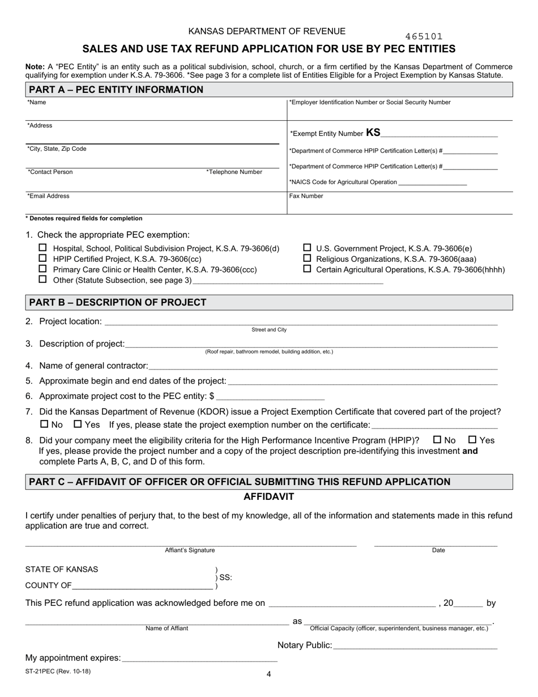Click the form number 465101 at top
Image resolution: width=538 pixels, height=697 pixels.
click(424, 36)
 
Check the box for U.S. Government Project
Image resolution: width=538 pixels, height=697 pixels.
click(308, 248)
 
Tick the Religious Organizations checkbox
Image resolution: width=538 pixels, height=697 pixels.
click(308, 258)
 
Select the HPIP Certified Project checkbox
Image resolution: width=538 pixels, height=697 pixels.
click(42, 258)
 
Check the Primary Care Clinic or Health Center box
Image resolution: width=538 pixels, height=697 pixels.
click(42, 269)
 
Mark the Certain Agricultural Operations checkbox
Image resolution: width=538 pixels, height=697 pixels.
click(308, 269)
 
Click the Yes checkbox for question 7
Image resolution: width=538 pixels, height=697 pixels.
click(78, 424)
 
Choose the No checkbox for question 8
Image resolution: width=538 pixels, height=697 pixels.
click(437, 440)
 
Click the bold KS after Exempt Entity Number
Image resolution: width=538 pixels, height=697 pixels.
click(373, 133)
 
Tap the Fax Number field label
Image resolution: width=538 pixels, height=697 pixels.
click(306, 196)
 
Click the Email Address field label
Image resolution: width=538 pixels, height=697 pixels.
click(48, 196)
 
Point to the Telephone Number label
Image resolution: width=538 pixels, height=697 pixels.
click(234, 172)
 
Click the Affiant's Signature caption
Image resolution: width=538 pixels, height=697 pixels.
click(190, 550)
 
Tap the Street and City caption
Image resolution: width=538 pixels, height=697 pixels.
click(269, 330)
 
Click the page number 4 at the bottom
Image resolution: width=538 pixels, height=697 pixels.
click(269, 674)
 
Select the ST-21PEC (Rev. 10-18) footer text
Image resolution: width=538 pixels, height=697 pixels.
click(58, 671)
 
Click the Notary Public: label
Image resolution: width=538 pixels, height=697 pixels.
click(304, 645)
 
